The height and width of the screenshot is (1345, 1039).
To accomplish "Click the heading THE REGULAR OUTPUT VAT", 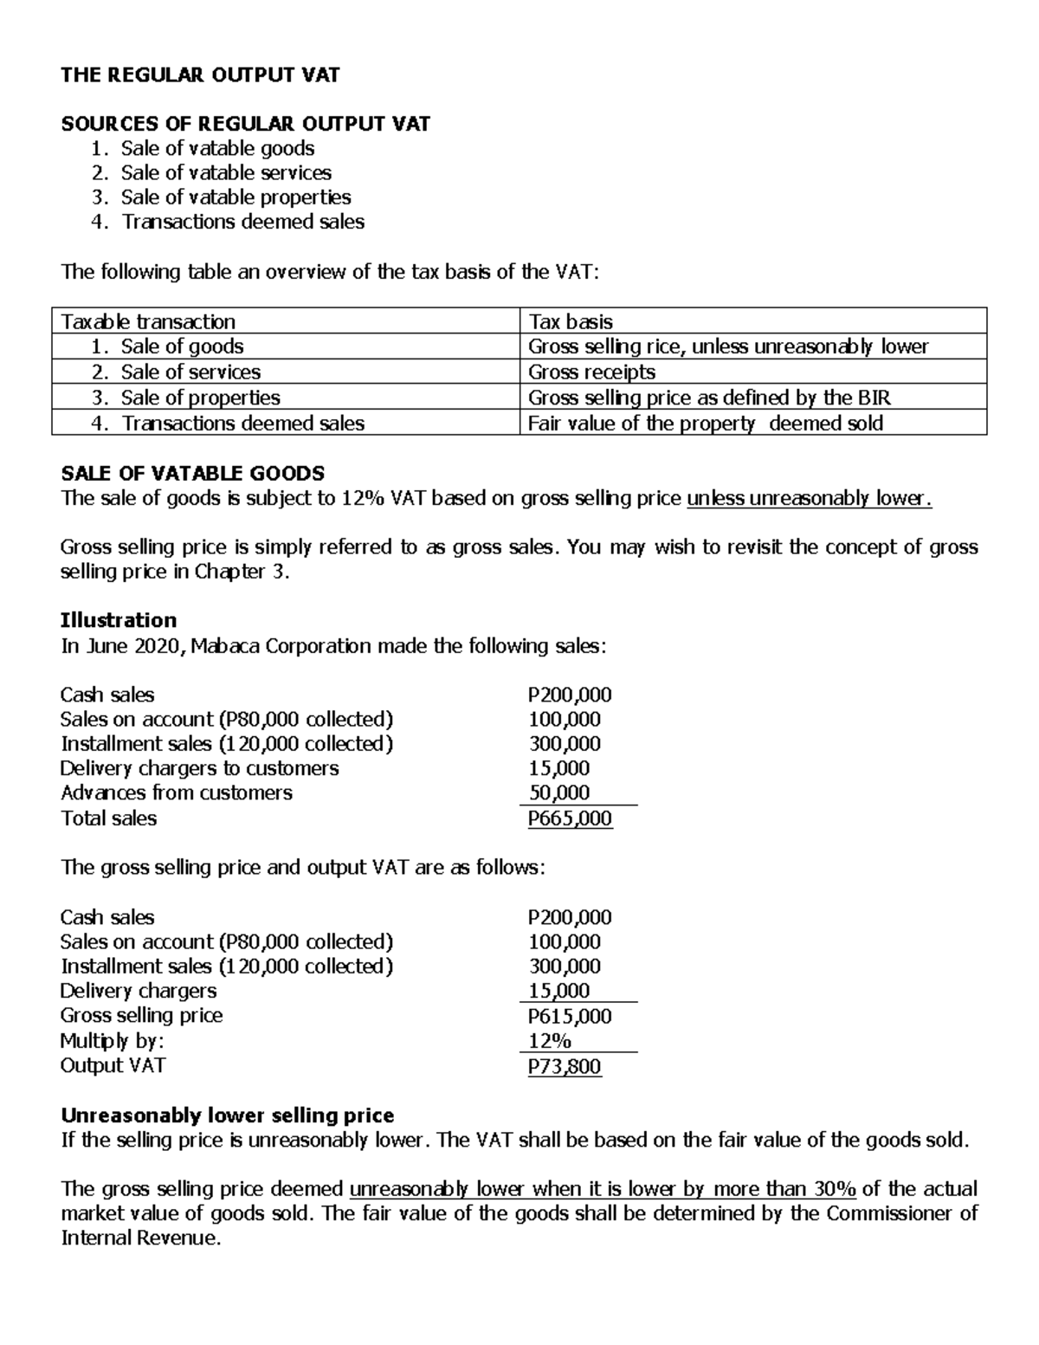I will tap(200, 75).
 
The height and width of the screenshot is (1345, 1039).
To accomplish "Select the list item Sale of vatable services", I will tap(225, 173).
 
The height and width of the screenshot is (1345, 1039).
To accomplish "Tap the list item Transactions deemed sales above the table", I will tap(242, 222).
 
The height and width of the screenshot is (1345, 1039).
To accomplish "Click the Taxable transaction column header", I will tap(148, 321).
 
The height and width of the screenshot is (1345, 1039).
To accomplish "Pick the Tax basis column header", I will tap(571, 321).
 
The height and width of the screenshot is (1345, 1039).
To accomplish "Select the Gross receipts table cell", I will tap(591, 372).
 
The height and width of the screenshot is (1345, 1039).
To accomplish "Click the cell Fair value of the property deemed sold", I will tap(706, 424).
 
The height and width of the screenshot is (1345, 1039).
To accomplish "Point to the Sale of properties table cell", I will tap(200, 398).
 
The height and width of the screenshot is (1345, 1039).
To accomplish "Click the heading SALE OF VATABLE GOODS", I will tap(192, 473).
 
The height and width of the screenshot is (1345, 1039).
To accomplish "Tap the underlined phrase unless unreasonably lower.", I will tap(809, 498).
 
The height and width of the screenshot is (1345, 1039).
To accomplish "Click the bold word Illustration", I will tap(119, 620).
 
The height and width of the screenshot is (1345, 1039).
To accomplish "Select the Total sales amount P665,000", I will tap(570, 818).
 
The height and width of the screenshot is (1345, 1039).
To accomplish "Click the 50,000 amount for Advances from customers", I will tap(560, 792).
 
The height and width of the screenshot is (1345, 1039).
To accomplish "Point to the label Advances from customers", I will tap(177, 792).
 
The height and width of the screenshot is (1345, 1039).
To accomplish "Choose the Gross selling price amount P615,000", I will tap(570, 1016).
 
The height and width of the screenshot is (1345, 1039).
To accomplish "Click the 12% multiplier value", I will tap(550, 1041).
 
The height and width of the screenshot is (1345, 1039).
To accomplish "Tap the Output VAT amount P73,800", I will tap(565, 1066).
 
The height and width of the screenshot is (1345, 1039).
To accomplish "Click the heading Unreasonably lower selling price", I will tap(227, 1115).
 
